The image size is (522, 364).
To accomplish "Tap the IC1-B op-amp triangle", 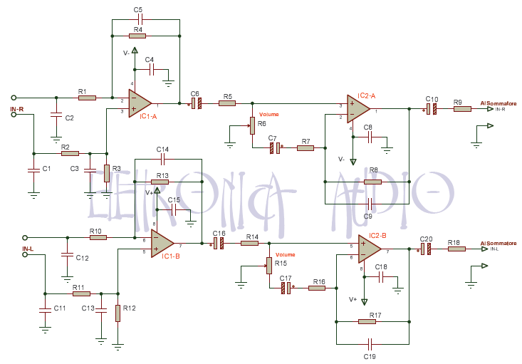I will point(162,243).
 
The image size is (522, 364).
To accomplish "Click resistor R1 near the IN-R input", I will point(87,98).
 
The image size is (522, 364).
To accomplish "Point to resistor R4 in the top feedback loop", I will point(137,35).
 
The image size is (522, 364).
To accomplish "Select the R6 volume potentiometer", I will point(251,126).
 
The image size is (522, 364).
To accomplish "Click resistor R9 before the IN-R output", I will point(462,109).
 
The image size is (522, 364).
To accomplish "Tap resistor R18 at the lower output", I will point(456,249).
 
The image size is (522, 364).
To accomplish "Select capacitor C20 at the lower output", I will point(425,249).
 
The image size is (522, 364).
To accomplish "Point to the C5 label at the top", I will point(138,9).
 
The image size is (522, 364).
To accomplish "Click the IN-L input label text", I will point(28,249).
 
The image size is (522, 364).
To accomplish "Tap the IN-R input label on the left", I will point(17,108).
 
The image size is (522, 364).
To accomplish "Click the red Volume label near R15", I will point(285,254).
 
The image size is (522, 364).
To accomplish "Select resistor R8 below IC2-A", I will point(372,182).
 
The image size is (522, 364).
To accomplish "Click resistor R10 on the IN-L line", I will point(98,237).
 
